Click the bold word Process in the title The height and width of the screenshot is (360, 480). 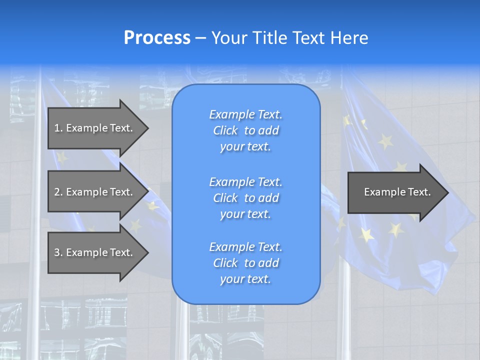157,38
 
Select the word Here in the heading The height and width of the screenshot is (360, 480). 349,38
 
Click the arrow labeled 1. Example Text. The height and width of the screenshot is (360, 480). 95,128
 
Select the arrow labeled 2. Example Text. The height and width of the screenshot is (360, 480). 95,192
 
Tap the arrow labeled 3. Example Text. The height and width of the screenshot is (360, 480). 95,252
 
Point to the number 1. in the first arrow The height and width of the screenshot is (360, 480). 58,128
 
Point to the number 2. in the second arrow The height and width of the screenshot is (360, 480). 58,192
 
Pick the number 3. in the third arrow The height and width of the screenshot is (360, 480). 58,252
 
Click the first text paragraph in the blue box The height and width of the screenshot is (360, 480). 245,130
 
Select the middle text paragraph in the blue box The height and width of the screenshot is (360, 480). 245,198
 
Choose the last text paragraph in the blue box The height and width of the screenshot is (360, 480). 245,263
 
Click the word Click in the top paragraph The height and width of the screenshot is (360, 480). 225,130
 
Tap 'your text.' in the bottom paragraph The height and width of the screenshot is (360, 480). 245,279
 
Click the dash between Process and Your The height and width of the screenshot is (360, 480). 200,38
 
